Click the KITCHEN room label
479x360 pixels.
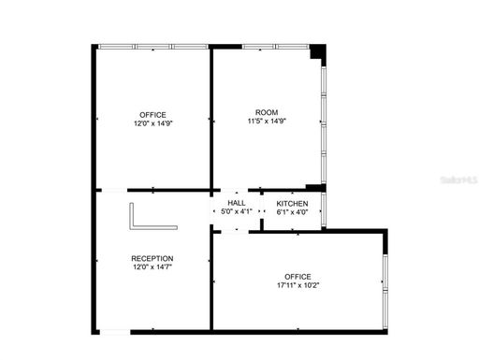(x=293, y=203)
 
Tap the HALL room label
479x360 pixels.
(x=237, y=203)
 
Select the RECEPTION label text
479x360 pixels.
(x=152, y=258)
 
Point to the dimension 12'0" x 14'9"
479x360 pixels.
(x=153, y=123)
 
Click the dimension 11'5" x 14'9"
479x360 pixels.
(x=267, y=121)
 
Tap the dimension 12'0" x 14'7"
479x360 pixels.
(x=152, y=267)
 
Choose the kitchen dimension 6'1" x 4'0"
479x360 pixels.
(x=293, y=211)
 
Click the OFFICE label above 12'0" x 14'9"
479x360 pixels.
(x=153, y=115)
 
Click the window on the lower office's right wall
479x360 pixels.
(x=385, y=281)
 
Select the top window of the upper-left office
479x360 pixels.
(x=153, y=46)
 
